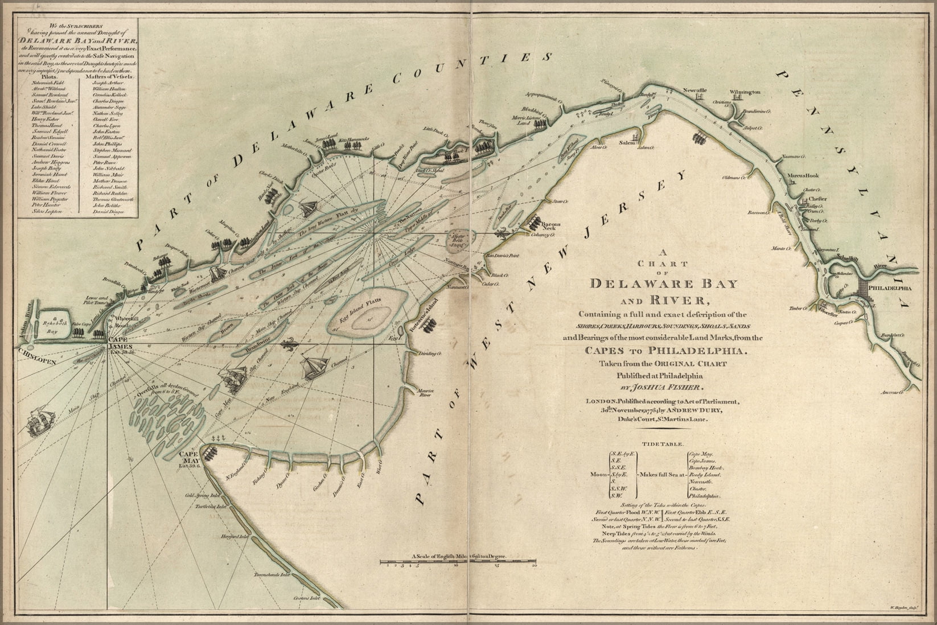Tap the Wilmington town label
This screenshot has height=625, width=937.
[745, 92]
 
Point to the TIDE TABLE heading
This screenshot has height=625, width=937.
[659, 443]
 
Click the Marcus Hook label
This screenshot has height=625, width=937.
[803, 176]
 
